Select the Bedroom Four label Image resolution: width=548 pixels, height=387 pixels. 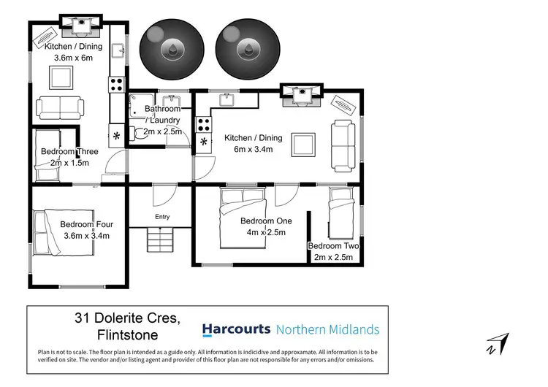[85, 229]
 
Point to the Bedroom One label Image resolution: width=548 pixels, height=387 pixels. [266, 226]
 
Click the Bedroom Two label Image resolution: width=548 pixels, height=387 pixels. [333, 251]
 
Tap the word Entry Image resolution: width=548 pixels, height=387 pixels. [161, 216]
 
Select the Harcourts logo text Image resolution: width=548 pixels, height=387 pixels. [236, 329]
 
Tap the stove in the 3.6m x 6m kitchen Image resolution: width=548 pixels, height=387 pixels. [116, 85]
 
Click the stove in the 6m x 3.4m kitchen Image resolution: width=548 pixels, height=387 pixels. [203, 123]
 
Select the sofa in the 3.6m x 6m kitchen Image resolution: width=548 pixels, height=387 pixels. [59, 107]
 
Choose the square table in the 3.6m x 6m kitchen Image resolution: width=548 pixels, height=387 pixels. [60, 76]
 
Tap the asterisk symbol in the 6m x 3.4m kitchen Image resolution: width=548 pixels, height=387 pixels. [203, 142]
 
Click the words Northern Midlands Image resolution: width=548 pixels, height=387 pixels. [327, 329]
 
